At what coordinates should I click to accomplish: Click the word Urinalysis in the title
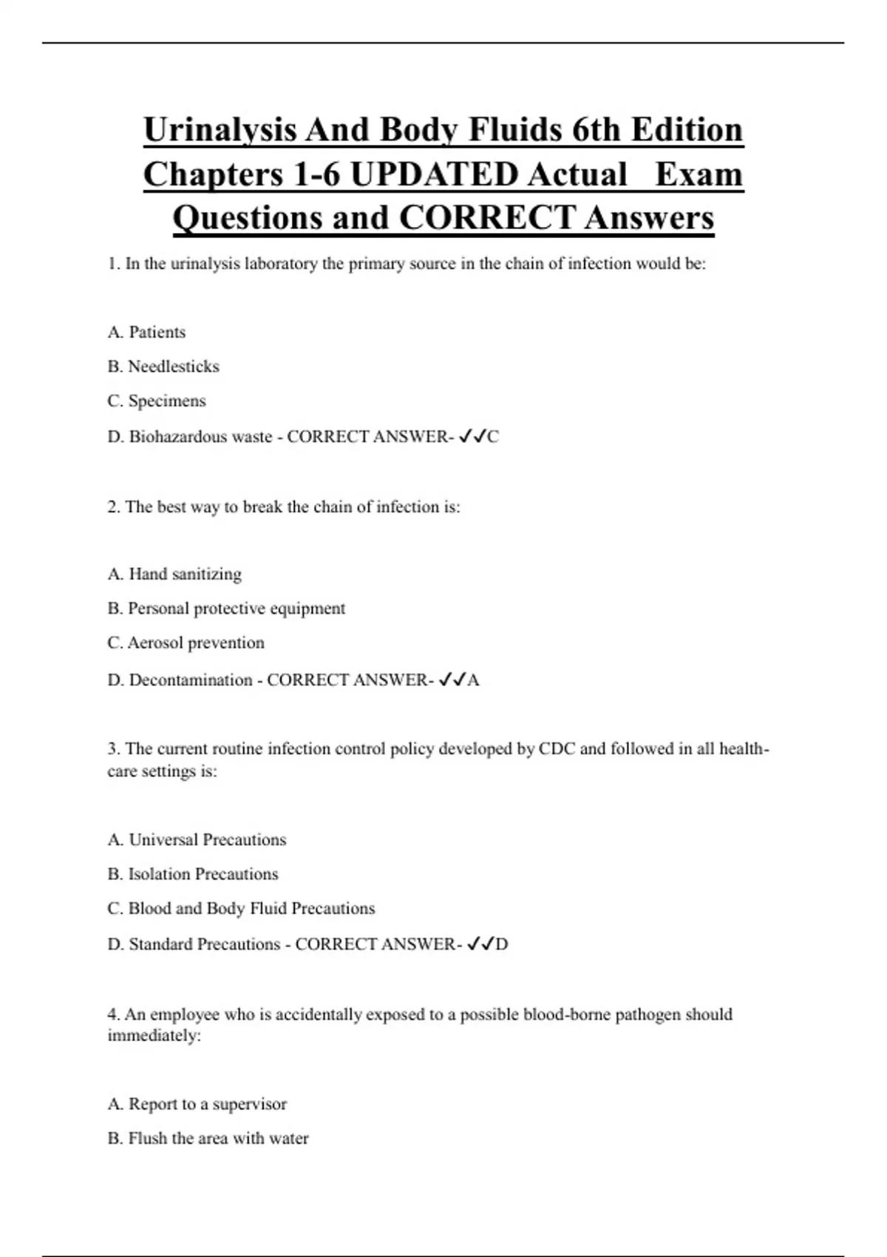[x=219, y=131]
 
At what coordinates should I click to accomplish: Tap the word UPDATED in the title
[x=434, y=175]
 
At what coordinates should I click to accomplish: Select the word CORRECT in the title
[x=487, y=218]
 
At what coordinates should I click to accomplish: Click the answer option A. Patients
[x=146, y=332]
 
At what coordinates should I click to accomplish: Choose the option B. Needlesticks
[x=163, y=366]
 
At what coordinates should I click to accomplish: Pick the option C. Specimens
[x=157, y=401]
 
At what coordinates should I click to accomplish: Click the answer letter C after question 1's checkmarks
[x=493, y=437]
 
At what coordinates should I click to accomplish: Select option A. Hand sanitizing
[x=174, y=574]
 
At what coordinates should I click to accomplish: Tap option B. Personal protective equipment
[x=226, y=609]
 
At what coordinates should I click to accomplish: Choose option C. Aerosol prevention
[x=186, y=643]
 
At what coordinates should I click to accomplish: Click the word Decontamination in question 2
[x=191, y=680]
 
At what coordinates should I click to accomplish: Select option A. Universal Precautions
[x=197, y=840]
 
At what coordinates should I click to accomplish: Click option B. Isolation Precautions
[x=193, y=874]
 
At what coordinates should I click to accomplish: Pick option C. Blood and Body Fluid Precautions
[x=241, y=908]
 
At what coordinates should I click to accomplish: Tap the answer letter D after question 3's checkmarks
[x=502, y=944]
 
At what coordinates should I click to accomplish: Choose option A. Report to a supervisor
[x=197, y=1104]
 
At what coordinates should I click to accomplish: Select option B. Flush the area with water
[x=208, y=1138]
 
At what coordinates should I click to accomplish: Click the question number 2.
[x=113, y=507]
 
